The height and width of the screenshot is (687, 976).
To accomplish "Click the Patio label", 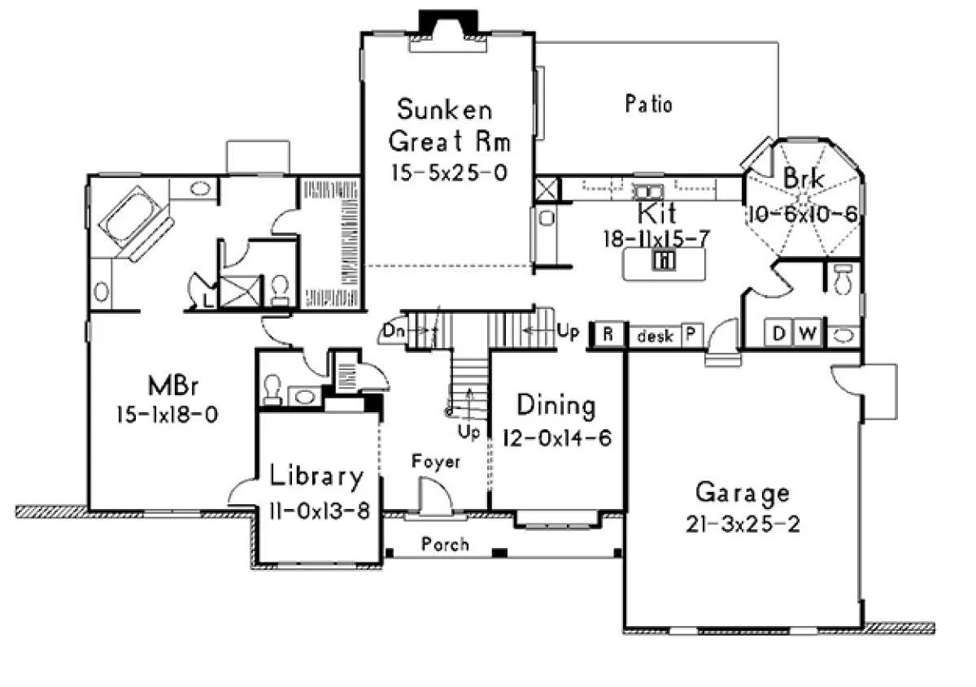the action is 648,104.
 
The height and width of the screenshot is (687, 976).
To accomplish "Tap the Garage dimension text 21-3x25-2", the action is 743,524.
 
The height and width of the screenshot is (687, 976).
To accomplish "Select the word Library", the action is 316,476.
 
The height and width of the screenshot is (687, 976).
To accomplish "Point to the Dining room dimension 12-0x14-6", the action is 557,438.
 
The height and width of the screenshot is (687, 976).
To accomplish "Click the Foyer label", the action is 436,462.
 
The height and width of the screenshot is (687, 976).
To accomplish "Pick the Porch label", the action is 445,544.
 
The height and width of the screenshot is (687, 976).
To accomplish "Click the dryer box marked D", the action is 779,333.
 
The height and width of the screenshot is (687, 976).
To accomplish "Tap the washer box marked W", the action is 808,333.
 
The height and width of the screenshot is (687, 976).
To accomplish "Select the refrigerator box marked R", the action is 608,335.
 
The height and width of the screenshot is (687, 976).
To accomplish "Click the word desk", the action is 655,337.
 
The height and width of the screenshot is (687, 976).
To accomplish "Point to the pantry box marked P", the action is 691,335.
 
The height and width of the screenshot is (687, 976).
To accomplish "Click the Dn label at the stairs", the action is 394,331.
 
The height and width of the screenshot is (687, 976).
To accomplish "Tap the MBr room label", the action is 173,385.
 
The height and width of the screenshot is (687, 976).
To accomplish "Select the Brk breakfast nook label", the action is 804,178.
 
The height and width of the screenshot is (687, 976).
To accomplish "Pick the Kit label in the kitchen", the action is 656,213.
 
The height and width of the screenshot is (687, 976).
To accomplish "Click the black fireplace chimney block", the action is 448,23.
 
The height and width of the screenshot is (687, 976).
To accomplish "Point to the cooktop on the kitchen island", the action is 664,260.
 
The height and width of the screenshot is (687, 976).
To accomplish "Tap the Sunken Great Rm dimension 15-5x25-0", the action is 449,172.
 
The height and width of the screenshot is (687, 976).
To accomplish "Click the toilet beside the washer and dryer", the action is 843,279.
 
